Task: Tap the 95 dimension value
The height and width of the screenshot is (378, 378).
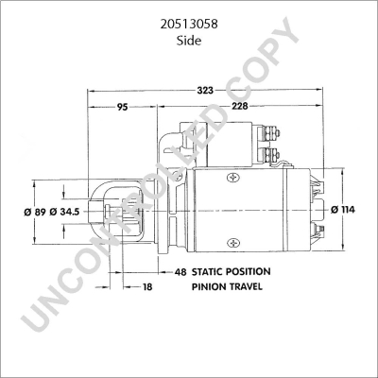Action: (x=122, y=107)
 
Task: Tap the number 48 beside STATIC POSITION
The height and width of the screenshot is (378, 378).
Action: (x=180, y=271)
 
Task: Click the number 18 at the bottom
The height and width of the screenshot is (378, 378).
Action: (x=147, y=285)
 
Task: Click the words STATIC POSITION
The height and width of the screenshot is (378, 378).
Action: (x=232, y=271)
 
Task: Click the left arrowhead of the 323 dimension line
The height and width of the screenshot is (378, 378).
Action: (x=91, y=92)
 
